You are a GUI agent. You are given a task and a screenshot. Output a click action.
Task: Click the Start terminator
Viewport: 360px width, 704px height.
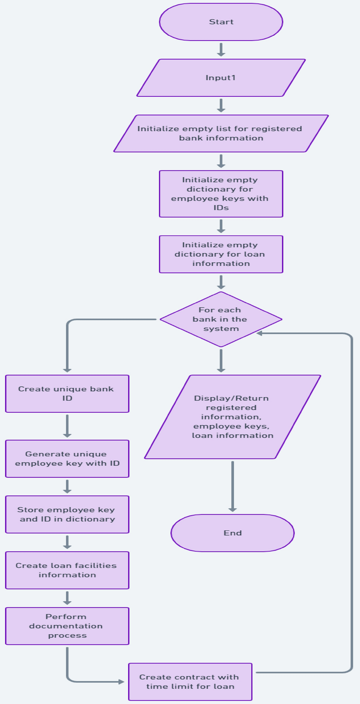click(221, 22)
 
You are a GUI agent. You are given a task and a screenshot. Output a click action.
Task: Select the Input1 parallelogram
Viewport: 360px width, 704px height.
click(221, 78)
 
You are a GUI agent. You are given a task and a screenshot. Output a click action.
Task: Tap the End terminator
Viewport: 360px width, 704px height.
click(232, 533)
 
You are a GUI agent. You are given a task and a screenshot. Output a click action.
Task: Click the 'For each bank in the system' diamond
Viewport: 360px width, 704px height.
click(221, 319)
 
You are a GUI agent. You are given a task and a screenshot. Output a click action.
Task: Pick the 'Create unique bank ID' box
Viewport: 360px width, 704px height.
click(67, 394)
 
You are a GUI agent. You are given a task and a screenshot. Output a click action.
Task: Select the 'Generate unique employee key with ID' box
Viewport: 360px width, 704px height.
click(67, 459)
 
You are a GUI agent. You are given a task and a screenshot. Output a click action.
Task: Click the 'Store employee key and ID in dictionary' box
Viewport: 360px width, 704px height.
click(67, 514)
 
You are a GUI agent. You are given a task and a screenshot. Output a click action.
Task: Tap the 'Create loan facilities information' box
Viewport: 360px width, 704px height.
click(67, 570)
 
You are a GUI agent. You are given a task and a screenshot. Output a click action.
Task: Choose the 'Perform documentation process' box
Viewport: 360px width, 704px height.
click(67, 626)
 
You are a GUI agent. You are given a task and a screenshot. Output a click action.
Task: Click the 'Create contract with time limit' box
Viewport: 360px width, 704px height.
click(190, 682)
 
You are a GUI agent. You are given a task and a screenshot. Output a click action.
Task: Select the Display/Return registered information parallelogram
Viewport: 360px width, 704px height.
click(232, 417)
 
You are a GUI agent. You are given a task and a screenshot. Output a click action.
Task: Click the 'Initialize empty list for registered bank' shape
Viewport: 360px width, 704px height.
click(221, 133)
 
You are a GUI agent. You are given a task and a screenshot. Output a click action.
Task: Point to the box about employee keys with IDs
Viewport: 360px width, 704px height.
click(221, 194)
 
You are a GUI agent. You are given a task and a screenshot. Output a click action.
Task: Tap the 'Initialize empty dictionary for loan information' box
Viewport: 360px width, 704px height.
click(221, 254)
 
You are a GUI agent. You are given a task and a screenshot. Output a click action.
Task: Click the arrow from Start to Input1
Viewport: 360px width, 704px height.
click(221, 49)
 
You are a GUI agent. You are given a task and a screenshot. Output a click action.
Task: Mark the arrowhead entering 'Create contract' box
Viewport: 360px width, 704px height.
click(121, 682)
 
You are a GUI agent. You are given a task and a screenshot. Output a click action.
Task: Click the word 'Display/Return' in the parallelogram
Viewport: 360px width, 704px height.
click(231, 398)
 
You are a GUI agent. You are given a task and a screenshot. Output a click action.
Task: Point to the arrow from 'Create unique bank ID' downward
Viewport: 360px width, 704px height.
click(67, 426)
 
